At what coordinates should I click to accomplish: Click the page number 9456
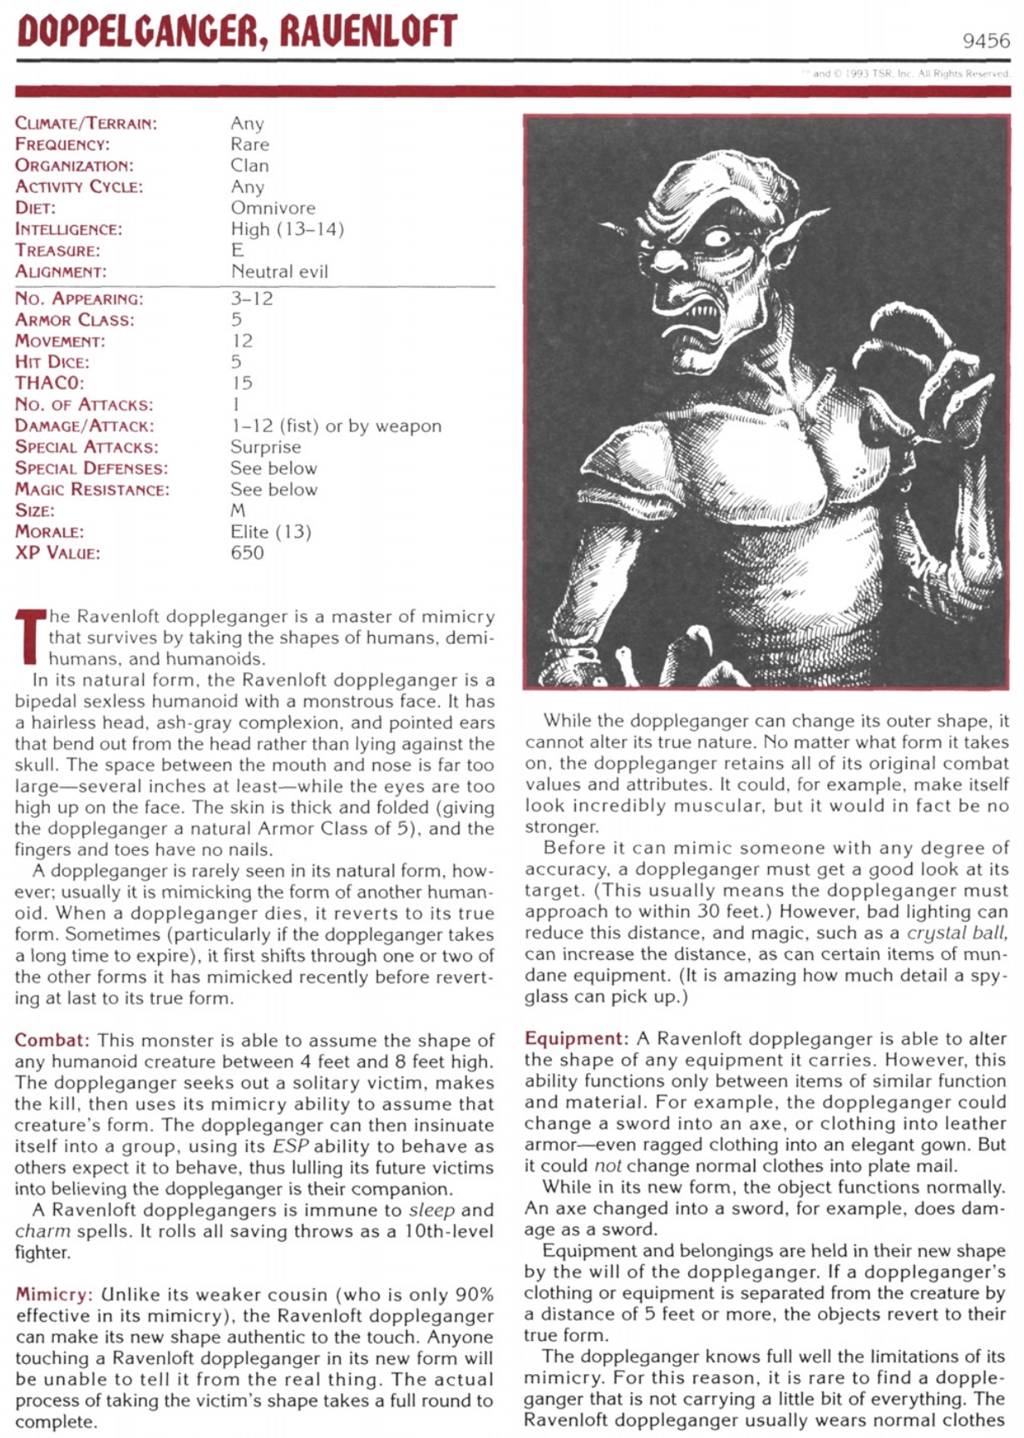pos(986,41)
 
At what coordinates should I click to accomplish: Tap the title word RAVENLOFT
pos(368,32)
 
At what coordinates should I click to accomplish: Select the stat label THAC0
pos(49,383)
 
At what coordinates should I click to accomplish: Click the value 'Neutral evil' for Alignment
pos(279,272)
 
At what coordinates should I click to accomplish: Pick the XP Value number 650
pos(247,553)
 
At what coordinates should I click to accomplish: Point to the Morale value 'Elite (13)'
pos(271,532)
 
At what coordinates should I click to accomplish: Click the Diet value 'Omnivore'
pos(273,208)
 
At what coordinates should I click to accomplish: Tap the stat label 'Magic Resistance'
pos(91,490)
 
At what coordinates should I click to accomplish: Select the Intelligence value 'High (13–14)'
pos(287,229)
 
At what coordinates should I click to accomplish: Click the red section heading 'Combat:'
pos(52,1041)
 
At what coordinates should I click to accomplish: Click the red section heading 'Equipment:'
pos(576,1039)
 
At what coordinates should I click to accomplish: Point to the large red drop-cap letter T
pos(30,638)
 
